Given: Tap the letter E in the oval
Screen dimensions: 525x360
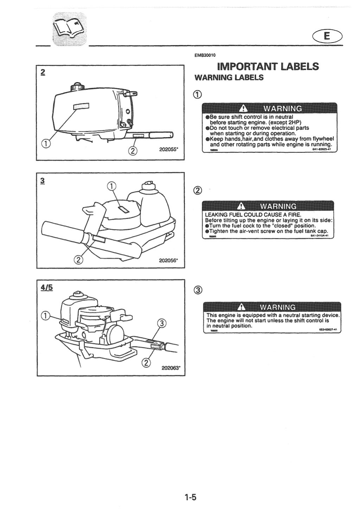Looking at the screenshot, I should coord(327,36).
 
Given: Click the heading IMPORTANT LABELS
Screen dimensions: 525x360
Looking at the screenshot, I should coord(268,66).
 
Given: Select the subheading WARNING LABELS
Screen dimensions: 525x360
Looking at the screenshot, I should coord(229,78).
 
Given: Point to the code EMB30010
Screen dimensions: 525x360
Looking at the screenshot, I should coord(205,55).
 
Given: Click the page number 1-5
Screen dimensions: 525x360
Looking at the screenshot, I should coord(190,497).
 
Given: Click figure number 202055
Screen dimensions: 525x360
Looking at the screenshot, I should coord(169,149).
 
